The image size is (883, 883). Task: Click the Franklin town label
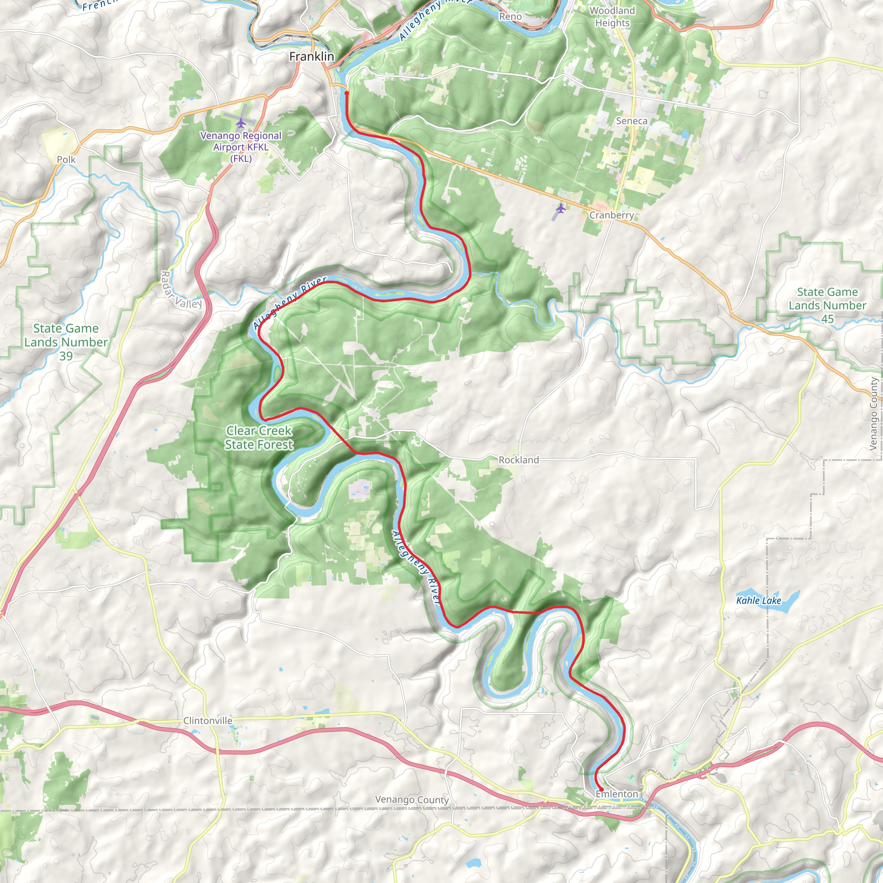click(312, 56)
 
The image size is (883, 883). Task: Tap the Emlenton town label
click(617, 794)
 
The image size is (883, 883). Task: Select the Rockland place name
click(519, 460)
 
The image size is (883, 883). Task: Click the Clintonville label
click(207, 720)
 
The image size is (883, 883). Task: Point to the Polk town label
click(66, 160)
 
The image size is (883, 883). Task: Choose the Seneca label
click(632, 121)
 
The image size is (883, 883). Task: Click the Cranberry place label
click(611, 215)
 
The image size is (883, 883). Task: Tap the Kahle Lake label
click(758, 601)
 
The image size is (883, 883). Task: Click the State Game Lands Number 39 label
click(66, 342)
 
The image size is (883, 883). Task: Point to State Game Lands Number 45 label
click(827, 305)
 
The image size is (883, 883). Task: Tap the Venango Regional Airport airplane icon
click(241, 122)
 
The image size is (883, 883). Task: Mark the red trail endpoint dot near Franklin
click(347, 93)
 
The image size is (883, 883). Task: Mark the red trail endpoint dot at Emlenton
click(601, 789)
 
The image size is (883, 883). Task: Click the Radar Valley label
click(181, 290)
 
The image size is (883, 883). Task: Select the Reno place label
click(510, 16)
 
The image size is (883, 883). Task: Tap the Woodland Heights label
click(612, 16)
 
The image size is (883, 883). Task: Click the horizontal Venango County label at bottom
click(412, 799)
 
